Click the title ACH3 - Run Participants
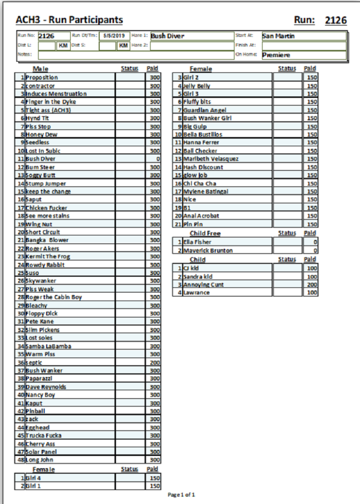pyautogui.click(x=69, y=20)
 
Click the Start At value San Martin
pyautogui.click(x=278, y=36)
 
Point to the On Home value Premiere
pyautogui.click(x=276, y=55)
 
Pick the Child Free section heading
pyautogui.click(x=205, y=233)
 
